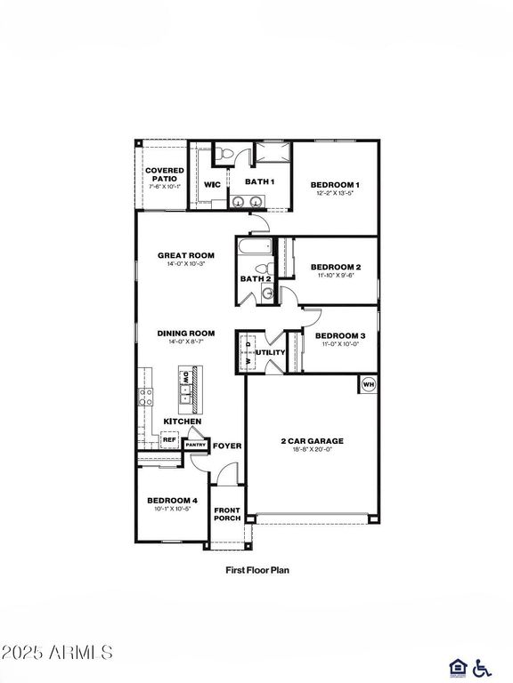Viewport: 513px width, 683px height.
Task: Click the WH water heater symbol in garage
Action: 368,385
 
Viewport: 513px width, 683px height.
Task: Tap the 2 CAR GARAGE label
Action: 312,440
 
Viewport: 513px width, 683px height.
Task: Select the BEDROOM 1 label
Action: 335,184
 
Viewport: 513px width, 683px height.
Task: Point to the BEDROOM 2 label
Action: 335,267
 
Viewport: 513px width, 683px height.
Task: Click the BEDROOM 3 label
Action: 340,335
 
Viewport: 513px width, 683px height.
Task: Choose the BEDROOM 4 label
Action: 172,501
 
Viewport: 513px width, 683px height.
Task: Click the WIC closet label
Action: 212,185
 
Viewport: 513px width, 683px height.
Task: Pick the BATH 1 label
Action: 259,181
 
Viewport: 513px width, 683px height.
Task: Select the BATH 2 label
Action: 255,278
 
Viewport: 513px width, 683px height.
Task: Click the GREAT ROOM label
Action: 186,255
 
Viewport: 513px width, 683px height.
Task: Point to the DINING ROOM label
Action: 186,333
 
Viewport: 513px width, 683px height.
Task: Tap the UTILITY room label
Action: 270,352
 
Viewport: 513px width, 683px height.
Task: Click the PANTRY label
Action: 195,445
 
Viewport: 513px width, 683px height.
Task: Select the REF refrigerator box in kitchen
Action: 168,439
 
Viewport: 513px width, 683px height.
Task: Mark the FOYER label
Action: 226,446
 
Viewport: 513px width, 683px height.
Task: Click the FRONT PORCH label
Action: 226,513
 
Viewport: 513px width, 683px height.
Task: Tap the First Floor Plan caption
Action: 256,569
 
